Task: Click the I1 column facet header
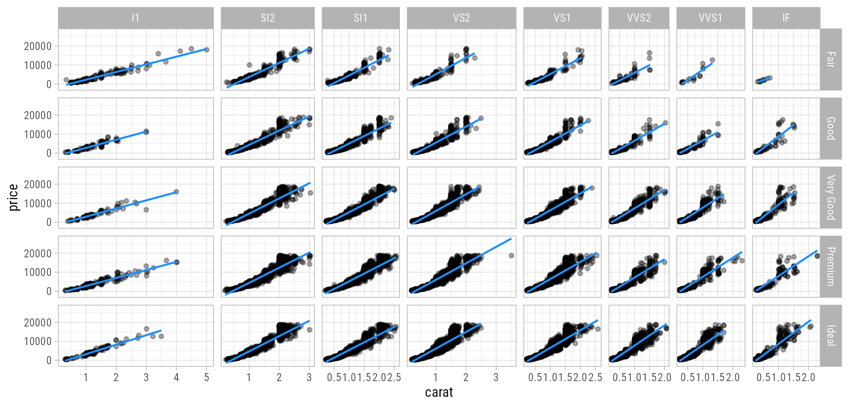pyautogui.click(x=135, y=18)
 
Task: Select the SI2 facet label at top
pyautogui.click(x=267, y=18)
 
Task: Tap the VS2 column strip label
pyautogui.click(x=461, y=18)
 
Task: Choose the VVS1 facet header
pyautogui.click(x=710, y=18)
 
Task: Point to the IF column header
pyautogui.click(x=786, y=18)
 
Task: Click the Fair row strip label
pyautogui.click(x=831, y=59)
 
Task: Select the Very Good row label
pyautogui.click(x=831, y=198)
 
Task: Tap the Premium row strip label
pyautogui.click(x=831, y=267)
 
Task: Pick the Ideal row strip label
pyautogui.click(x=831, y=336)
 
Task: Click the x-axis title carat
pyautogui.click(x=439, y=393)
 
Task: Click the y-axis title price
pyautogui.click(x=14, y=198)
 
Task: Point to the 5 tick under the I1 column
pyautogui.click(x=207, y=377)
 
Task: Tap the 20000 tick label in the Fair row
pyautogui.click(x=38, y=46)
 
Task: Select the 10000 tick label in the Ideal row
pyautogui.click(x=38, y=342)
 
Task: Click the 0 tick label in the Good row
pyautogui.click(x=49, y=153)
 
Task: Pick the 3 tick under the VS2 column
pyautogui.click(x=496, y=377)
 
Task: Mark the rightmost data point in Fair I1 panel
pyautogui.click(x=207, y=50)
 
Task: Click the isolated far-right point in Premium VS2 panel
pyautogui.click(x=512, y=256)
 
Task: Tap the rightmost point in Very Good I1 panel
pyautogui.click(x=177, y=192)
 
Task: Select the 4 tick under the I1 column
pyautogui.click(x=177, y=377)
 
